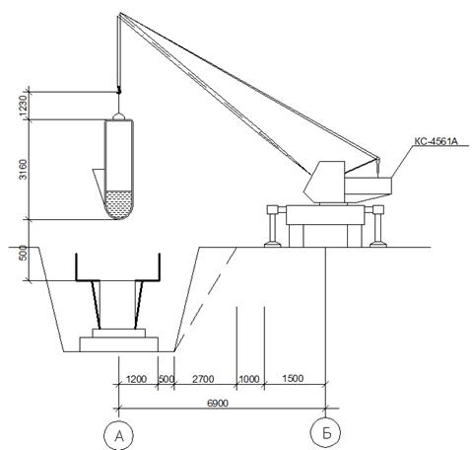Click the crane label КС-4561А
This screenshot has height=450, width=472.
(x=436, y=141)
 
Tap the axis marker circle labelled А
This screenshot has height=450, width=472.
(x=118, y=435)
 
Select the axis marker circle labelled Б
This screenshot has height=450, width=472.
(x=326, y=433)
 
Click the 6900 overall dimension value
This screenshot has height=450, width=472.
(x=218, y=403)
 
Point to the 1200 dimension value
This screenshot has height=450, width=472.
(x=136, y=379)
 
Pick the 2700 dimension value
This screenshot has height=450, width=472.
(x=203, y=379)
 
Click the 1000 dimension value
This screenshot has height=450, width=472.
(x=249, y=379)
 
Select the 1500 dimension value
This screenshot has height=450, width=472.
(x=293, y=378)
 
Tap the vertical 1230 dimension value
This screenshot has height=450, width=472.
(x=23, y=106)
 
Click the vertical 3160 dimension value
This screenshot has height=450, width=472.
(x=23, y=170)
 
